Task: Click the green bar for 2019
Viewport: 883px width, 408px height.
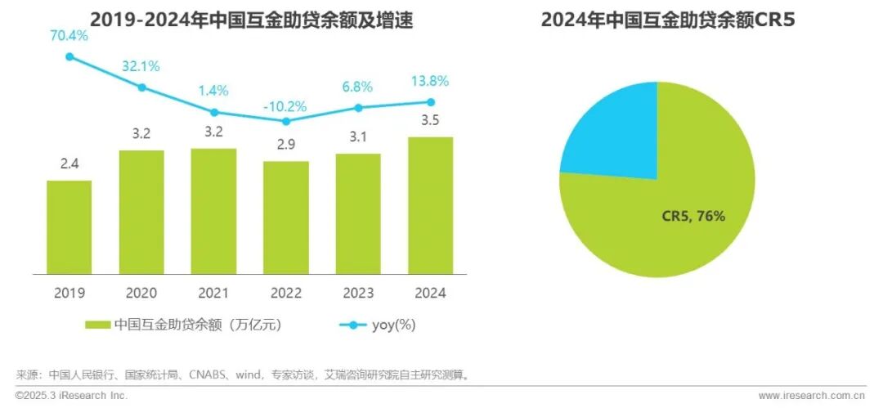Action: point(69,226)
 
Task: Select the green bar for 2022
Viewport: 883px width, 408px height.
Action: point(285,217)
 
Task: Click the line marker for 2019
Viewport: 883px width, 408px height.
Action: point(69,56)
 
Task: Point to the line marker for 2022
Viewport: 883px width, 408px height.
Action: point(285,121)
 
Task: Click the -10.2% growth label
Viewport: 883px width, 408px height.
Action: point(285,105)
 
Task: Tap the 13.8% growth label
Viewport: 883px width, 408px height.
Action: point(429,83)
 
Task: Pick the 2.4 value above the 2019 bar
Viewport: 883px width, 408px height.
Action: point(69,164)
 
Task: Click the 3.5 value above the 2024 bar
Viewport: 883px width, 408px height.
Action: point(429,121)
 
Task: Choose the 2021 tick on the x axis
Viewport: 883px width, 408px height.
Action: point(213,292)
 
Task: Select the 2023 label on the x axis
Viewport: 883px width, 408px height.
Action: point(357,292)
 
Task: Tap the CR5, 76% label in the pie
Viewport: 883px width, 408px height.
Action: point(693,216)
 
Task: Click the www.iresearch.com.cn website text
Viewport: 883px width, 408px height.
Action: point(812,396)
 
